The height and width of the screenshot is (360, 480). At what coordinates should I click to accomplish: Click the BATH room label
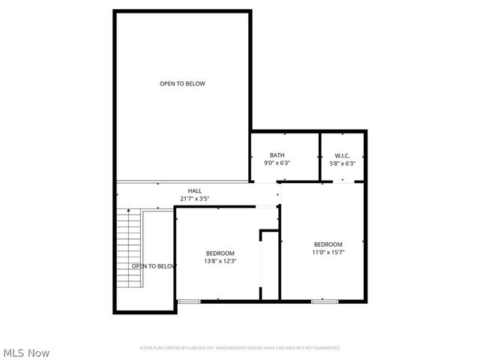(x=277, y=155)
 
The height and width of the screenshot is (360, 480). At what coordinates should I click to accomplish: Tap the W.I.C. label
(x=343, y=155)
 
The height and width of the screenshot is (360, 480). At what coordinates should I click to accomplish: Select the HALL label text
(x=194, y=191)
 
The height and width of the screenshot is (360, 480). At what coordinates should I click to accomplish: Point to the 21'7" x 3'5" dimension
(x=194, y=199)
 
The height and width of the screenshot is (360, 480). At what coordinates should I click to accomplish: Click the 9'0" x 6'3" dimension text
(x=277, y=163)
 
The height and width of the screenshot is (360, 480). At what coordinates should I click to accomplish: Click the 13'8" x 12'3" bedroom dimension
(x=220, y=262)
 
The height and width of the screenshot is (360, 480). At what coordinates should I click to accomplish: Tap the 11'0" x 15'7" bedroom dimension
(x=328, y=253)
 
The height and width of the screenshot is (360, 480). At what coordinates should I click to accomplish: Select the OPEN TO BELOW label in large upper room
(x=182, y=84)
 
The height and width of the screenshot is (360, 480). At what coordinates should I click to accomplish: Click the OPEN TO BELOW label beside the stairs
(x=153, y=266)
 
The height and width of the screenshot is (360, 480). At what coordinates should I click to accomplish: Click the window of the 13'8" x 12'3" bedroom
(x=189, y=301)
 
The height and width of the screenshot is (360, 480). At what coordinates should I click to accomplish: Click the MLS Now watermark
(x=27, y=352)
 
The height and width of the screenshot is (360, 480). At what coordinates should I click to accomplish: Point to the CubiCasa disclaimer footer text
(x=240, y=348)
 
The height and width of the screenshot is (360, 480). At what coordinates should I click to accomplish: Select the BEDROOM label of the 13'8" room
(x=220, y=253)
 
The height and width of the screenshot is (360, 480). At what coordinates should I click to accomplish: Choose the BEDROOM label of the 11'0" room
(x=328, y=244)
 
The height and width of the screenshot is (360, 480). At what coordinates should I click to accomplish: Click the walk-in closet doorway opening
(x=343, y=181)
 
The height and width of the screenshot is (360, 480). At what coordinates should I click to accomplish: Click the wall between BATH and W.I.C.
(x=320, y=157)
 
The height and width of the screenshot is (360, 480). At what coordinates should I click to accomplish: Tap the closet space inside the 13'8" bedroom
(x=269, y=266)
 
